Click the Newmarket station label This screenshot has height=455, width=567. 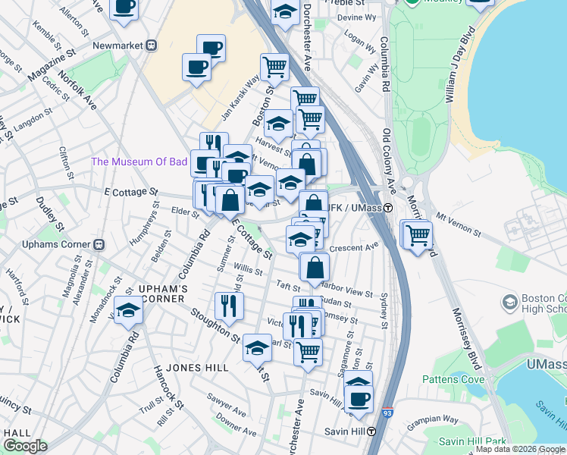pos(117,45)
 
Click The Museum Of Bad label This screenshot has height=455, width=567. pos(138,162)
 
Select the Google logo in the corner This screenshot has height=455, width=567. pos(25,446)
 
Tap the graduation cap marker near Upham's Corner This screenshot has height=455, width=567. pos(129,311)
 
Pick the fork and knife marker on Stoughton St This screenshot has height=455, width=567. pos(228,305)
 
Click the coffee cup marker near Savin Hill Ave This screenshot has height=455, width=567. pos(359,397)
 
